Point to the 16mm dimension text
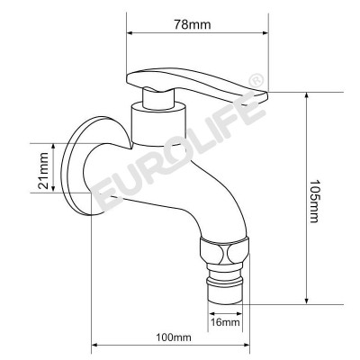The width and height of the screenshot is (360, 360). pyautogui.click(x=225, y=321)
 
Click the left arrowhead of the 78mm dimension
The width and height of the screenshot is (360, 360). pyautogui.click(x=131, y=34)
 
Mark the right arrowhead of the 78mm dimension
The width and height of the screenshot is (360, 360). pyautogui.click(x=266, y=34)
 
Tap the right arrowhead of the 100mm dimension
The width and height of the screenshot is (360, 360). pyautogui.click(x=243, y=347)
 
